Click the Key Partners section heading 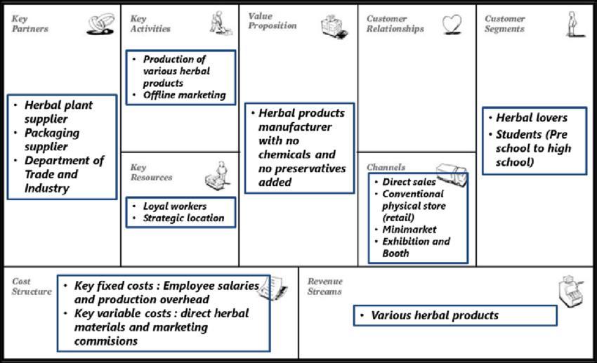29,24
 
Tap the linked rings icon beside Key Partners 100,24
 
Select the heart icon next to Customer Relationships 452,25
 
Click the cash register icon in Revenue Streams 570,291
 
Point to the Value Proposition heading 273,21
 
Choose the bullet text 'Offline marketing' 184,95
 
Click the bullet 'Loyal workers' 175,206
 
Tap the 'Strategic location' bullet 183,218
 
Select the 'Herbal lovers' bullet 532,117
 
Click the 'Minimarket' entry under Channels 409,230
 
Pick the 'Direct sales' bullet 409,182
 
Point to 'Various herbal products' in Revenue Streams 435,315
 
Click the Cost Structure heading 32,286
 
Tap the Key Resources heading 151,172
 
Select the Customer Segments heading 504,24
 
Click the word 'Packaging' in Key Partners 52,133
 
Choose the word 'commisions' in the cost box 106,341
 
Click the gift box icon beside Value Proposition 334,26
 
